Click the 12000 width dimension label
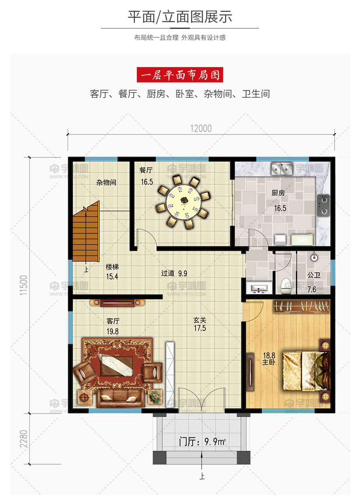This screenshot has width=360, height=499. pyautogui.click(x=201, y=129)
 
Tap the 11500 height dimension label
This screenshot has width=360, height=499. pyautogui.click(x=23, y=285)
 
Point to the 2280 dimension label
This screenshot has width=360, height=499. pyautogui.click(x=23, y=439)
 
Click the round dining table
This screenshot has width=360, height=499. pyautogui.click(x=184, y=201)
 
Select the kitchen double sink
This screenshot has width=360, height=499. pyautogui.click(x=282, y=168)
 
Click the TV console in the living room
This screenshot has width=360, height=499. pyautogui.click(x=117, y=303)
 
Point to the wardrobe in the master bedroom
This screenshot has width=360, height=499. pyautogui.click(x=301, y=306)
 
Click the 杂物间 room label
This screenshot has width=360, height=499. pyautogui.click(x=106, y=182)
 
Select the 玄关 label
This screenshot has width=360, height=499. pyautogui.click(x=200, y=320)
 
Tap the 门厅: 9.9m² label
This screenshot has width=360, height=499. pyautogui.click(x=203, y=442)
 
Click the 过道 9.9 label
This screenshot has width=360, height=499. pyautogui.click(x=174, y=273)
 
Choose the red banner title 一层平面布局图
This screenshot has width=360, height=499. pyautogui.click(x=180, y=75)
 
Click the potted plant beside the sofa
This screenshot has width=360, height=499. pyautogui.click(x=155, y=397)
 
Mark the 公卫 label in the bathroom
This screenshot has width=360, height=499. pyautogui.click(x=314, y=275)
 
